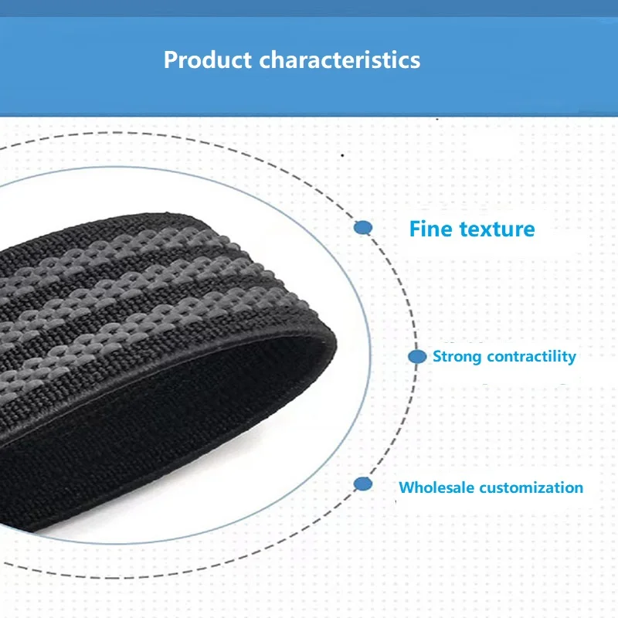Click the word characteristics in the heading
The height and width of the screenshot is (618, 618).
[x=340, y=60]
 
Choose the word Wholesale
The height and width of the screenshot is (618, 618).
[x=436, y=487]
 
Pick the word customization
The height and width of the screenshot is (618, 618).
[x=531, y=487]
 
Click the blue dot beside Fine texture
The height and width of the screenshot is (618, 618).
[x=363, y=228]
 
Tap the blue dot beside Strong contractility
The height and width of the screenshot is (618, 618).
[x=417, y=357]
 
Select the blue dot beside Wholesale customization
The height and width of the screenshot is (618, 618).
[x=363, y=484]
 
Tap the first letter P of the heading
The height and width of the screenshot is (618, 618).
[x=171, y=60]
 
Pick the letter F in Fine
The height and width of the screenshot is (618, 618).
[x=415, y=229]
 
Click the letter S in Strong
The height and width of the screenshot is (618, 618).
[x=436, y=357]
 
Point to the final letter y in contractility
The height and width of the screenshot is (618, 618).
[x=572, y=358]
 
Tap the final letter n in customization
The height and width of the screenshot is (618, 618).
[x=579, y=488]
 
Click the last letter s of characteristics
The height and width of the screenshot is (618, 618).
[x=416, y=61]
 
